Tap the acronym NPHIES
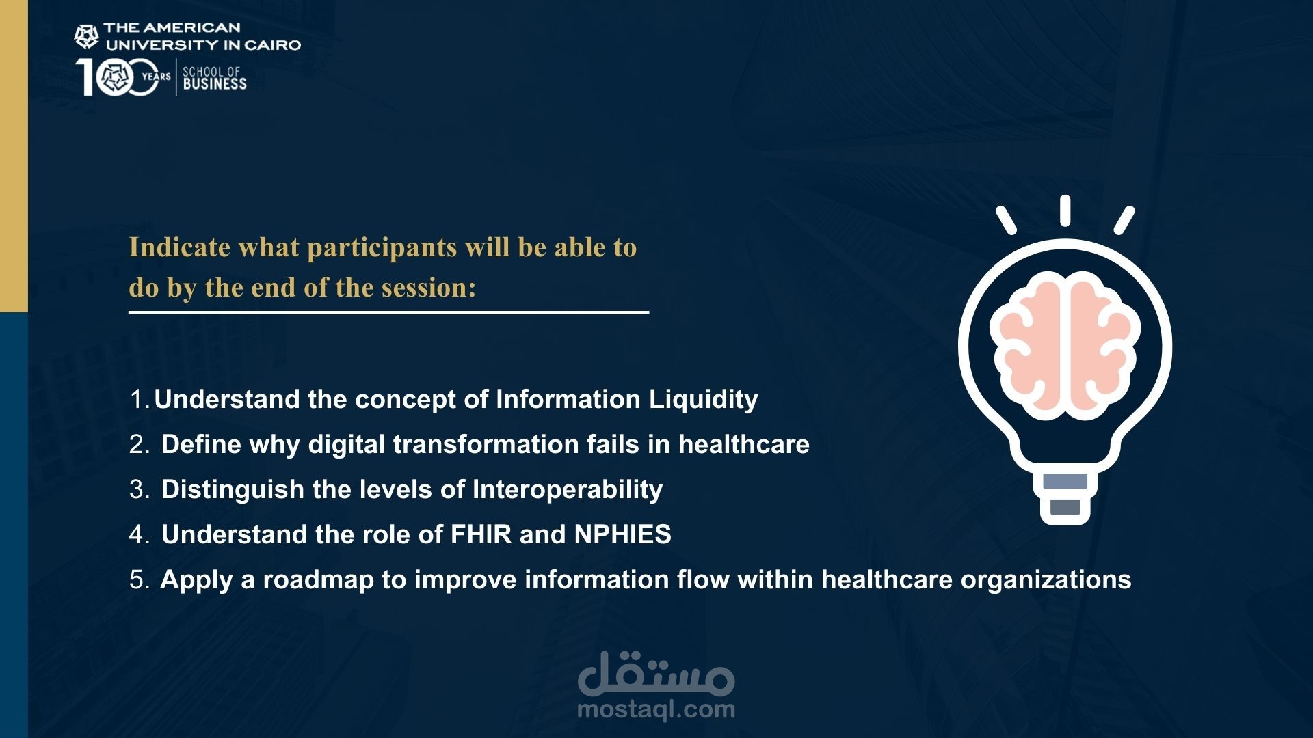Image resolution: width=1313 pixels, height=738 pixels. point(623,534)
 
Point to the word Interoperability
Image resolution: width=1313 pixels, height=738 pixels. point(568,490)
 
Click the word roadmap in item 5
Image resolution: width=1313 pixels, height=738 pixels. point(319,580)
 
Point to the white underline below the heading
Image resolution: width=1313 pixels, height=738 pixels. point(388,312)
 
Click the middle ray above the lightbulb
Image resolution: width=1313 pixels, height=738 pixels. point(1065,210)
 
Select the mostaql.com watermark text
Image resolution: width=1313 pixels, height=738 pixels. point(656,710)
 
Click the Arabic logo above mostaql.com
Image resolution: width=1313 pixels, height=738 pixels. point(656,673)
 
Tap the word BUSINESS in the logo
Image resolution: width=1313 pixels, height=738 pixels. point(215,84)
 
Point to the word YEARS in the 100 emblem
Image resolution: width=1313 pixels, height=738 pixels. point(156,77)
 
